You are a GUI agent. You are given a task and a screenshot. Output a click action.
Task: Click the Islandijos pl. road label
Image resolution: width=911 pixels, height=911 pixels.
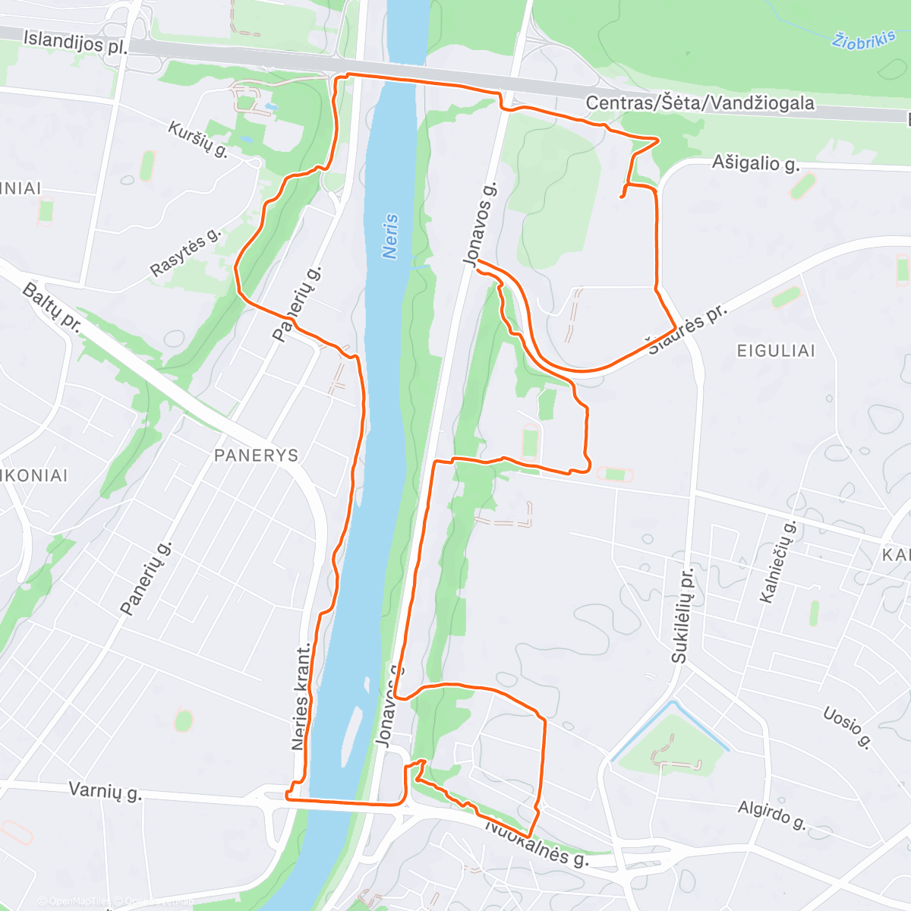click(74, 43)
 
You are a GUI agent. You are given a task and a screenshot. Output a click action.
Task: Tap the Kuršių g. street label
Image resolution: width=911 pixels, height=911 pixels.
click(198, 139)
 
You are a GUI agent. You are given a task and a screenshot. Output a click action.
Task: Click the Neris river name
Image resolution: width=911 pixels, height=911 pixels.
click(391, 236)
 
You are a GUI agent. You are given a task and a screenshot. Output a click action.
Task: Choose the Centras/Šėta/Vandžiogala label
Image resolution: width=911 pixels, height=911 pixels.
click(700, 103)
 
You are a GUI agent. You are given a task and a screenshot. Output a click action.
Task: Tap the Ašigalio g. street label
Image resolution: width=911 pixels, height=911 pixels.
click(755, 163)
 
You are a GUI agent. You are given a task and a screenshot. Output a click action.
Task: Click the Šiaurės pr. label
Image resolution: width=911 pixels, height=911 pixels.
click(687, 330)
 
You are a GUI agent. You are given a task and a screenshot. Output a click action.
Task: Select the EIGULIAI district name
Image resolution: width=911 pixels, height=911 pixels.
click(776, 351)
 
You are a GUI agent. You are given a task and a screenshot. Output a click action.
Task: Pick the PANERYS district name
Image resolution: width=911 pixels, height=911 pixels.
click(257, 455)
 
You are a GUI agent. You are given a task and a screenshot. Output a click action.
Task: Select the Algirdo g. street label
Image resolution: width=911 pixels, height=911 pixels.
click(771, 814)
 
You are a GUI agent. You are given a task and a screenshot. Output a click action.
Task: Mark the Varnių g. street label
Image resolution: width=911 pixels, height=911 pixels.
click(105, 791)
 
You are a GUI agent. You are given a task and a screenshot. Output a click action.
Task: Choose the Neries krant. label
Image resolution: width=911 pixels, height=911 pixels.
click(301, 697)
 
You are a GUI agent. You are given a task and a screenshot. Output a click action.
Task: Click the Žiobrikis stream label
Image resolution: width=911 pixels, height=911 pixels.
click(864, 40)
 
